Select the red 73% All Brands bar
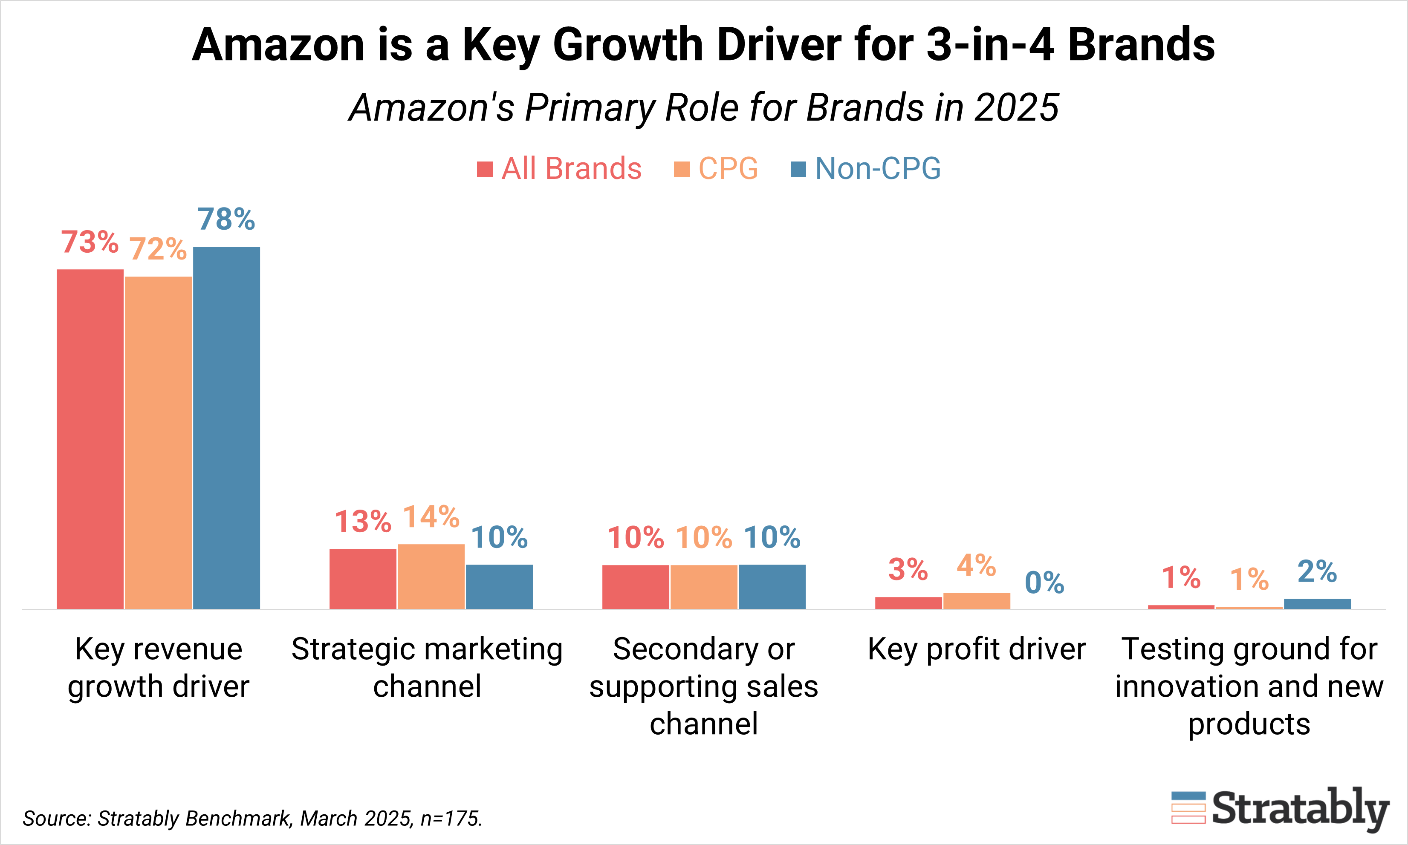click(90, 438)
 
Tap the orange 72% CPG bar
click(158, 442)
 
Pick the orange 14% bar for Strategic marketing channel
click(431, 576)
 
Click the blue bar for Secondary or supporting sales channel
click(772, 586)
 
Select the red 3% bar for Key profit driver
click(908, 603)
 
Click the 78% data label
click(226, 219)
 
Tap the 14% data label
click(431, 517)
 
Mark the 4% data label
click(976, 565)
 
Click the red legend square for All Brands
click(484, 169)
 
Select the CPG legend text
click(728, 169)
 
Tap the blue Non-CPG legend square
click(798, 169)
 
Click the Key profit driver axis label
click(976, 649)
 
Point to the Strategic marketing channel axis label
click(427, 667)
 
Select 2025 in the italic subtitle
click(1016, 108)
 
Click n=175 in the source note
click(451, 818)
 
